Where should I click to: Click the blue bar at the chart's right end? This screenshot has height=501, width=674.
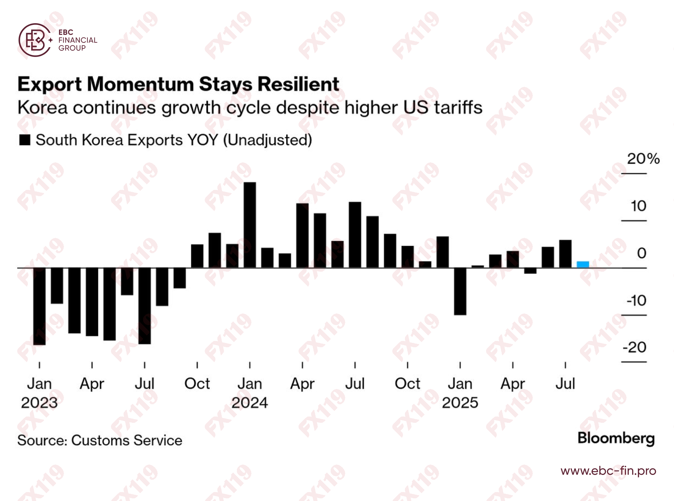click(583, 264)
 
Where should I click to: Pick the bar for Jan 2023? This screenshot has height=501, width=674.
click(39, 306)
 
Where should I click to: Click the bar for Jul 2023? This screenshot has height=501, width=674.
click(144, 306)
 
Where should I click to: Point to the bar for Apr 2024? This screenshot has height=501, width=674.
click(302, 235)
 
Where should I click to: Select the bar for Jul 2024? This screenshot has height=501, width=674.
click(355, 235)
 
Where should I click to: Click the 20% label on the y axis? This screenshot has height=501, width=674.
click(643, 159)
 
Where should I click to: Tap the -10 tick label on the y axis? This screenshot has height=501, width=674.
click(636, 301)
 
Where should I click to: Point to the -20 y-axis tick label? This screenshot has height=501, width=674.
click(634, 347)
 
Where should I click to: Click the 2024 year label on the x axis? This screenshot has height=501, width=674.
click(250, 403)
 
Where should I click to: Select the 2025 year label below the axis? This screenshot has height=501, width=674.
click(460, 403)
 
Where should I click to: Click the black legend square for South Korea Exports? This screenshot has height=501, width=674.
click(25, 140)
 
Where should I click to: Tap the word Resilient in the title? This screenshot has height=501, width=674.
click(298, 84)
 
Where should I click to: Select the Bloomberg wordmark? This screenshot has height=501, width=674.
click(616, 438)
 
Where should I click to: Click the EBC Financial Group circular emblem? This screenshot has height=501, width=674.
click(35, 40)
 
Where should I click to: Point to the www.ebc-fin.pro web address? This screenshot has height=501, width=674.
click(608, 471)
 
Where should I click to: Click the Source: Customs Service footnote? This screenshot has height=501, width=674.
click(100, 440)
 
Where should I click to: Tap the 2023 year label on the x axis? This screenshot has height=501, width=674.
click(39, 403)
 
